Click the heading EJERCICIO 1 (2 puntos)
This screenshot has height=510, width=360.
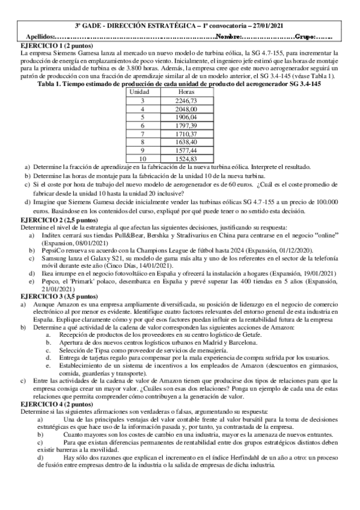(x=51, y=46)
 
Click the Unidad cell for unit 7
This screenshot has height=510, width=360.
(x=143, y=134)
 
